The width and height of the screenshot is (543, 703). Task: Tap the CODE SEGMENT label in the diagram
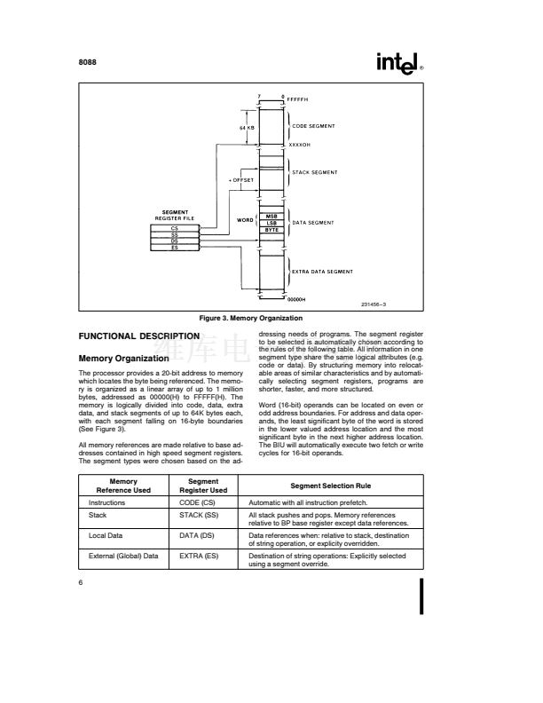click(x=312, y=127)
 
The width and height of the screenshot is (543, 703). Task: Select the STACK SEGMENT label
click(x=313, y=172)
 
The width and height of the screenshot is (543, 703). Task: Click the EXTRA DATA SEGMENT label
click(x=322, y=271)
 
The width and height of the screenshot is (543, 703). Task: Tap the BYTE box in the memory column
click(x=272, y=229)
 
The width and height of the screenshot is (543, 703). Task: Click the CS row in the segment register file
click(x=174, y=228)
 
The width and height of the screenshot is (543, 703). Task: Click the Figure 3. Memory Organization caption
click(x=252, y=318)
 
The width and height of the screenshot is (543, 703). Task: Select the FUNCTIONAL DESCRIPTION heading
click(x=138, y=337)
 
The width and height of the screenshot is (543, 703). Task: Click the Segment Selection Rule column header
click(x=334, y=486)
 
